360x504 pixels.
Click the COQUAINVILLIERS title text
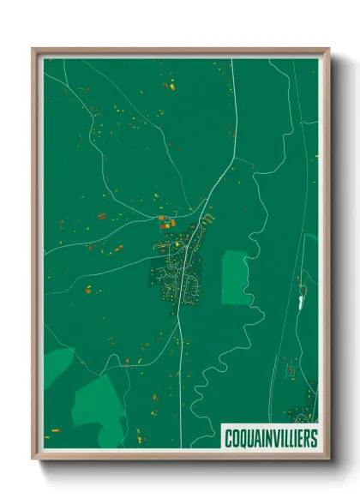(270, 438)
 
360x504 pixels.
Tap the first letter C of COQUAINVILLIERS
(228, 438)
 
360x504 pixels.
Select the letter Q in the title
(242, 438)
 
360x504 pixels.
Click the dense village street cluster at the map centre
(178, 276)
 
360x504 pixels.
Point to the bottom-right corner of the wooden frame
(328, 459)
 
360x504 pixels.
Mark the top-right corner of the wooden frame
(328, 50)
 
